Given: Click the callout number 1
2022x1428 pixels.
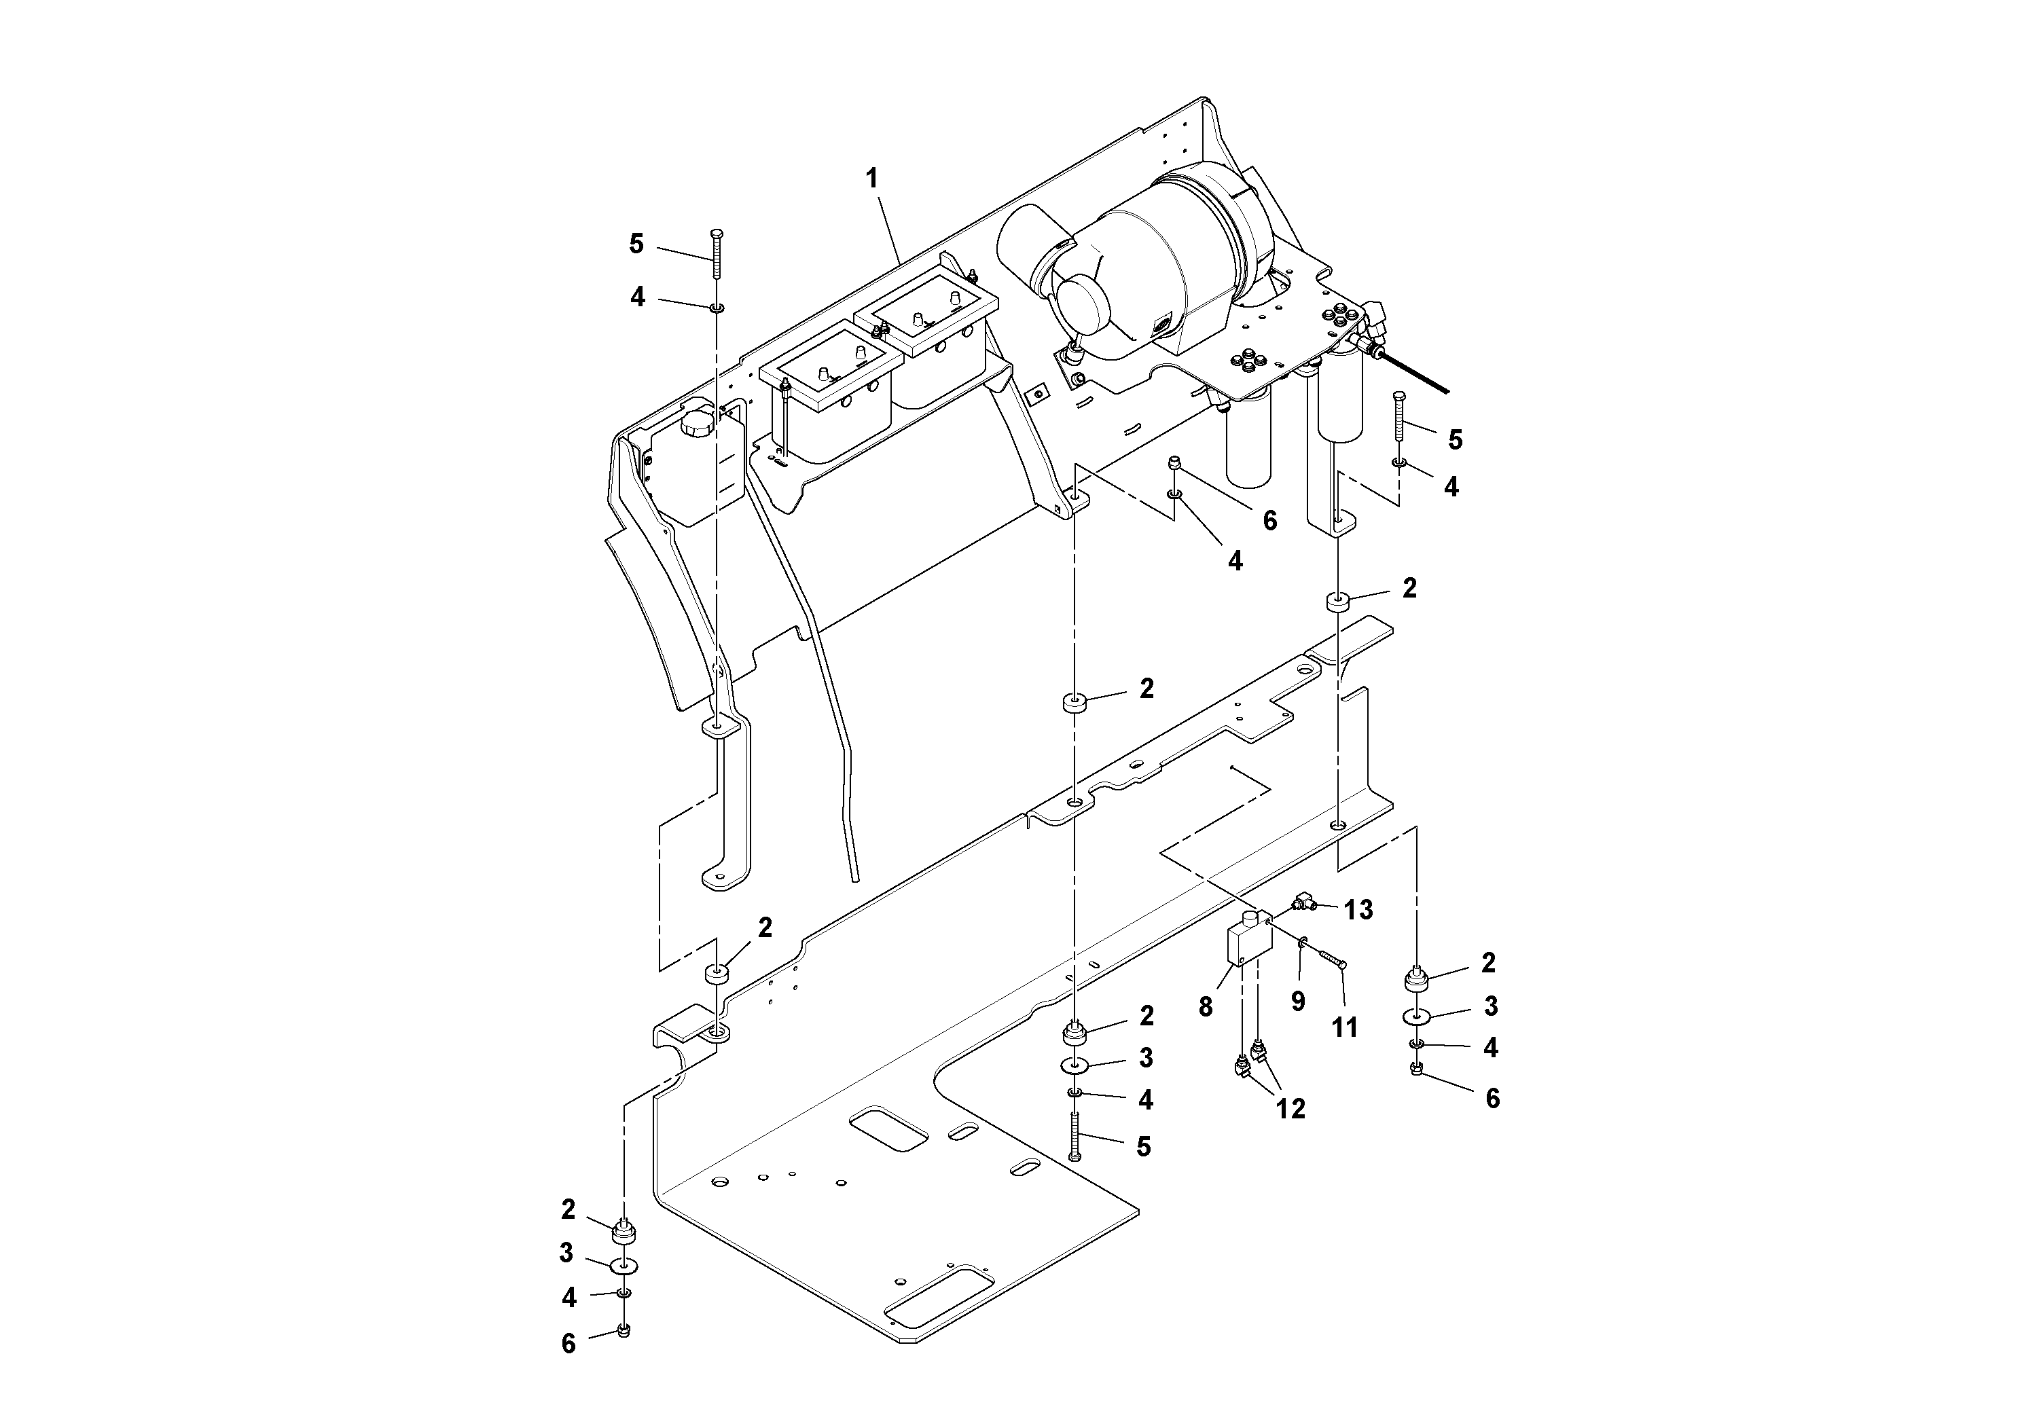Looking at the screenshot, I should click(x=872, y=179).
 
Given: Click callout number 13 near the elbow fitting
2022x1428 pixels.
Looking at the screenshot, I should click(x=1358, y=911).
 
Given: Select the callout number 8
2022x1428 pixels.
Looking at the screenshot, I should click(x=1206, y=1007).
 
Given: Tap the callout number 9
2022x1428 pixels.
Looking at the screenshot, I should click(x=1298, y=1001).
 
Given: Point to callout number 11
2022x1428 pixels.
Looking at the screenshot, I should click(x=1344, y=1027).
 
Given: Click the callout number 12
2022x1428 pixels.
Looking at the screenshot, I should click(x=1290, y=1110).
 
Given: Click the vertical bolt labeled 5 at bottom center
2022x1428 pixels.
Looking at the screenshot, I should click(x=1075, y=1137).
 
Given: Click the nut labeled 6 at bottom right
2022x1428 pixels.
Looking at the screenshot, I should click(x=1416, y=1069).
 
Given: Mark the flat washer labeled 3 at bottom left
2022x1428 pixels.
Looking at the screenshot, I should click(x=624, y=1266).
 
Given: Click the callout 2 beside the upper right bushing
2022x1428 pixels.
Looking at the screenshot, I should click(x=1409, y=589).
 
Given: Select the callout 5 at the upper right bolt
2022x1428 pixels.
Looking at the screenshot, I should click(x=1455, y=439).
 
